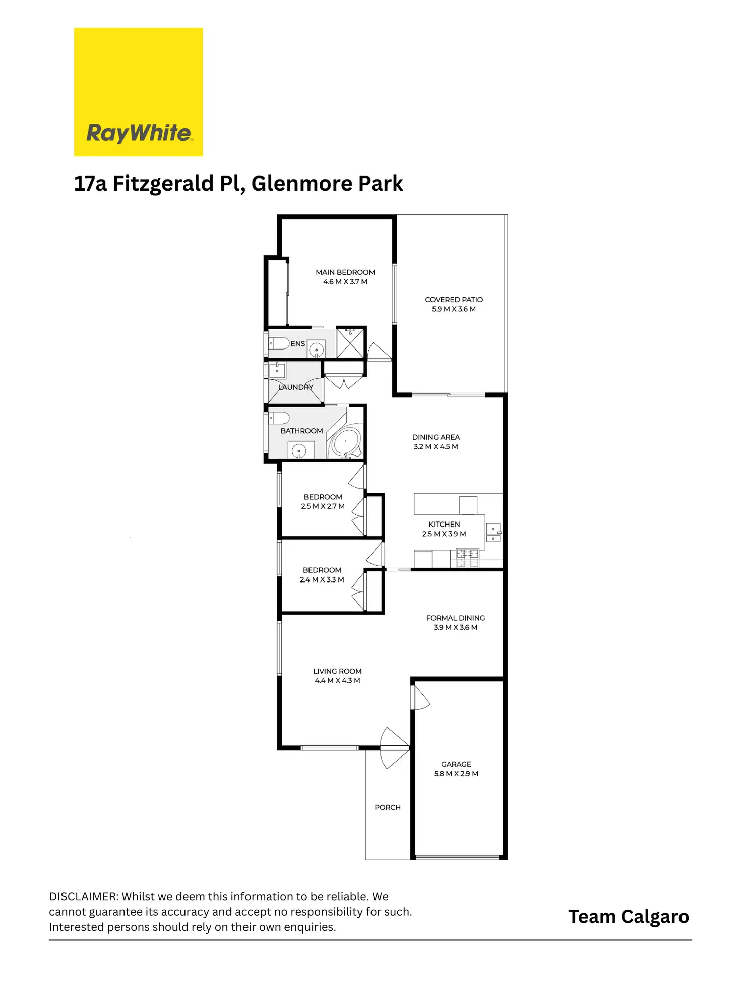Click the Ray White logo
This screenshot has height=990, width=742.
click(x=138, y=92)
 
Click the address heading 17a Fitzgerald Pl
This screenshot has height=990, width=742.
click(x=238, y=184)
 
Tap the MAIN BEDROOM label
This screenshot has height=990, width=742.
click(x=345, y=272)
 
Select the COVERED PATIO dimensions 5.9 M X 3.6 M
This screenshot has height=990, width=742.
click(x=454, y=309)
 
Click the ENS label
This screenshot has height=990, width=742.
click(x=298, y=344)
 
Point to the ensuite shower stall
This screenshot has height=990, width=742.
click(x=350, y=343)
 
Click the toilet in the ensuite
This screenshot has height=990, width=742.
click(x=279, y=343)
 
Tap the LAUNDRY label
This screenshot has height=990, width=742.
click(x=296, y=387)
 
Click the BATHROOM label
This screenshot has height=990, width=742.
click(x=301, y=431)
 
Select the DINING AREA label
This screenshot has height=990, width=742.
click(x=436, y=437)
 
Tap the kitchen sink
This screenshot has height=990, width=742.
click(x=493, y=533)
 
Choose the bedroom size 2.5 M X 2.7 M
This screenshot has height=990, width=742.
click(x=323, y=506)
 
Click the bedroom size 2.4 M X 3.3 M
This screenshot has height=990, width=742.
click(x=322, y=580)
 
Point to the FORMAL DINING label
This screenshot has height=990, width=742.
click(x=456, y=618)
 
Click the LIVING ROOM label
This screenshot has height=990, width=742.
click(x=337, y=671)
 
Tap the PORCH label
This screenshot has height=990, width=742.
click(x=388, y=807)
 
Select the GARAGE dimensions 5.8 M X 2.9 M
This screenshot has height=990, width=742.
click(x=456, y=774)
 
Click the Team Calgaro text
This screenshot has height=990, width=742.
click(x=629, y=917)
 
